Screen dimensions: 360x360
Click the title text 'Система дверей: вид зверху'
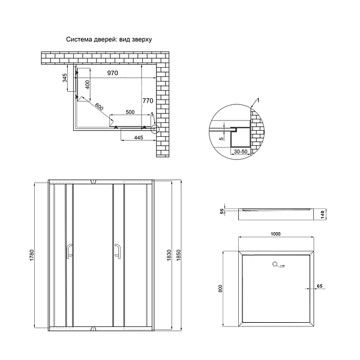tap(109, 40)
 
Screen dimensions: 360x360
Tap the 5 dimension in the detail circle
tap(221, 139)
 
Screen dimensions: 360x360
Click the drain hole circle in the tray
tap(275, 263)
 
